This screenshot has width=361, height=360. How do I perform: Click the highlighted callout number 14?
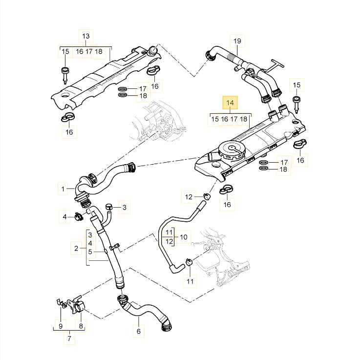230,103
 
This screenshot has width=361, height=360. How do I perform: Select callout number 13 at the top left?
85,36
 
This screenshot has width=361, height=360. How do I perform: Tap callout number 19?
237,41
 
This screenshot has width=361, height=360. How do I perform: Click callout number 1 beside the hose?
63,188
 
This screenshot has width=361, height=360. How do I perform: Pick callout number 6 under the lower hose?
138,331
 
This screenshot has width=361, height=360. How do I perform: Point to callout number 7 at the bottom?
69,338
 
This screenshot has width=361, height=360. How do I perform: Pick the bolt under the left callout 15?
65,74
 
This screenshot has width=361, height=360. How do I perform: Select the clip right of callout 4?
78,216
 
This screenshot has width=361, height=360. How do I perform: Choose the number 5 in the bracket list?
90,252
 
